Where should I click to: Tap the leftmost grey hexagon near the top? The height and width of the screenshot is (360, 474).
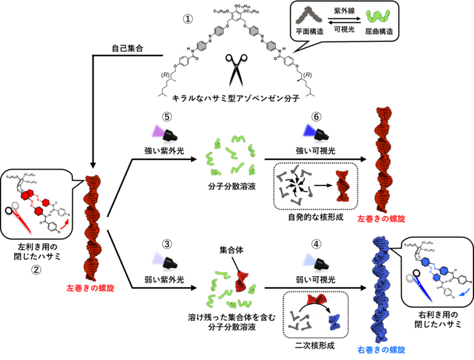click(x=202, y=46)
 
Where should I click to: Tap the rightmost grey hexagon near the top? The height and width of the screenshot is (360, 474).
click(x=271, y=46)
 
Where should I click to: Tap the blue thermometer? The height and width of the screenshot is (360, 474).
click(x=422, y=287)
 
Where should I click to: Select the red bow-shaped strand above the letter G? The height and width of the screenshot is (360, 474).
click(x=316, y=298)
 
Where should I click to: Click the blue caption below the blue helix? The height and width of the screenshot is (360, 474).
click(x=381, y=350)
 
